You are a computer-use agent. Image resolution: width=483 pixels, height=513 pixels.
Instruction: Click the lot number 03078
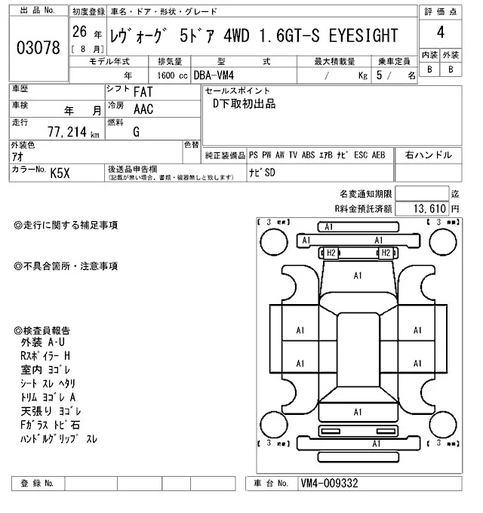point(38,47)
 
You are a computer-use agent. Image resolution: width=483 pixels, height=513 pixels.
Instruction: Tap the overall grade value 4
point(440,33)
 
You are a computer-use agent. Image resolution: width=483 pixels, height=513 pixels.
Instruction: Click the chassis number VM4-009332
point(329,483)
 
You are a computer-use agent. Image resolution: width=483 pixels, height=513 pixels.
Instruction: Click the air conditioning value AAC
point(143,109)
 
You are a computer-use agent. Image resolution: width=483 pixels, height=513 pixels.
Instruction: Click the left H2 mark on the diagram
point(330,253)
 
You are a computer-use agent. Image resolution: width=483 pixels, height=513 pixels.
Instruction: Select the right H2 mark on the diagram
point(384,253)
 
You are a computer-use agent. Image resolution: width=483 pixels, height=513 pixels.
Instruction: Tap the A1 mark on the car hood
point(357,276)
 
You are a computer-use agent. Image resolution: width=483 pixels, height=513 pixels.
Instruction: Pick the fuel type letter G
point(136,131)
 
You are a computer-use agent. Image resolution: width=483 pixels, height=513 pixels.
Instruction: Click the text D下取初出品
point(243,104)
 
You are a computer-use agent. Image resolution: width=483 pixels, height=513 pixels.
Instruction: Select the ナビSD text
point(263,172)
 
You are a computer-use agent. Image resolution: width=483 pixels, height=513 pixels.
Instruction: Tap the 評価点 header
point(440,12)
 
